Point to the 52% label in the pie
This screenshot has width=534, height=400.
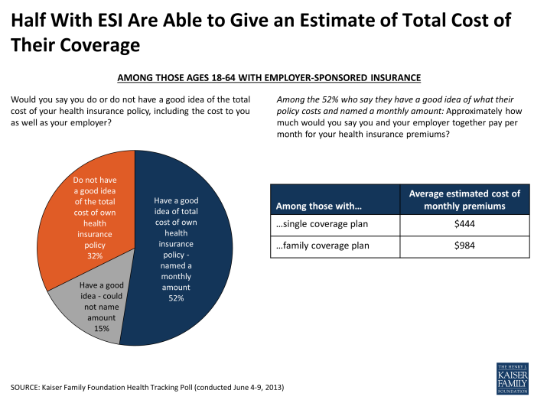tap(176, 298)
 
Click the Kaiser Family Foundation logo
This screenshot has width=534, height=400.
tap(511, 377)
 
